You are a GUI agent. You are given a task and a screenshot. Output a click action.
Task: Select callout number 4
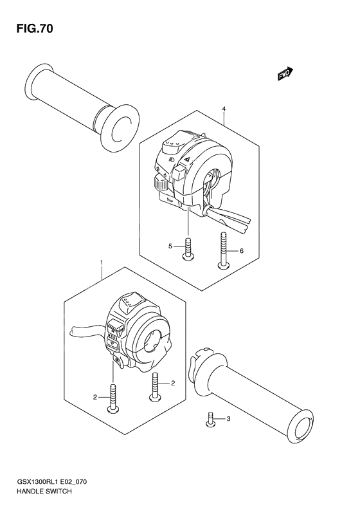tap(224, 109)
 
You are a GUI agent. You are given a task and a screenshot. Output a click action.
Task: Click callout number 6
tap(242, 251)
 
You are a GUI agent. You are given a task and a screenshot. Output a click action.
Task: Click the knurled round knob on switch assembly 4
tap(161, 184)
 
